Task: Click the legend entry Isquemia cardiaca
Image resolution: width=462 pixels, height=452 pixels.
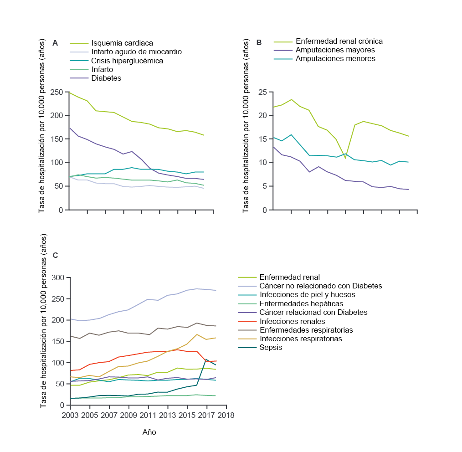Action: coord(122,43)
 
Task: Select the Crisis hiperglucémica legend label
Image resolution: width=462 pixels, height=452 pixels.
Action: coord(127,61)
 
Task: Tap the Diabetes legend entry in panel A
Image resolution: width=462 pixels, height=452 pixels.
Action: coord(106,78)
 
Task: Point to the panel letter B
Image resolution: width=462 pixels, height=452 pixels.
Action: coord(259,43)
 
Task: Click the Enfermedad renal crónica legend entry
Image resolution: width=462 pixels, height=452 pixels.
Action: coord(339,41)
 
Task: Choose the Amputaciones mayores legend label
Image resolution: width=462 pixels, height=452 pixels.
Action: coord(335,50)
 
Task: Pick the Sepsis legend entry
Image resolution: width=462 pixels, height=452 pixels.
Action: coord(271,348)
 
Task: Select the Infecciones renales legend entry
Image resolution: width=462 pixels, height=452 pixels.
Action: coord(293,322)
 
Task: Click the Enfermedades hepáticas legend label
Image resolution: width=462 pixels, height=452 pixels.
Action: coord(301,304)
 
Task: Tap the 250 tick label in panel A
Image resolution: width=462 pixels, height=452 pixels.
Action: coord(56,92)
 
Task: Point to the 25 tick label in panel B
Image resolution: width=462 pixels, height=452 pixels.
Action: coord(262,92)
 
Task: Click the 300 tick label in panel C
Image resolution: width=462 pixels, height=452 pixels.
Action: coord(58,277)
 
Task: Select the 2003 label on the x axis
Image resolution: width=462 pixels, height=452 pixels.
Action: coord(70,415)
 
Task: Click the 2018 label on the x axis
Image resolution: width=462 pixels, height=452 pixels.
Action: coord(226,415)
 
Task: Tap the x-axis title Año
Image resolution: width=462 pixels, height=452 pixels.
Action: coord(149,432)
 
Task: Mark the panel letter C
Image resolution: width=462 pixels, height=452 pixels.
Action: coord(55,256)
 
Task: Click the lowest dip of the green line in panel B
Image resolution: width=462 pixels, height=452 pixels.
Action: coord(345,159)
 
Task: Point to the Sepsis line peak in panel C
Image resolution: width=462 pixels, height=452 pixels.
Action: coord(206,360)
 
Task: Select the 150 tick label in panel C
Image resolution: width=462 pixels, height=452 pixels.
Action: coord(58,341)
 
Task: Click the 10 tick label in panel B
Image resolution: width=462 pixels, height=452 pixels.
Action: coord(262,162)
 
